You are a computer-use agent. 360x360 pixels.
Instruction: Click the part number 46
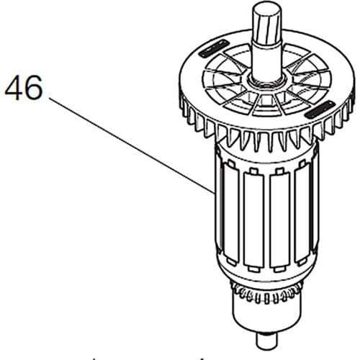(x=24, y=90)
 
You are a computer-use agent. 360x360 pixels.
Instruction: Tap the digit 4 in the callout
(x=14, y=90)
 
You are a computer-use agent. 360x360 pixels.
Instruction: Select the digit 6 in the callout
(x=33, y=90)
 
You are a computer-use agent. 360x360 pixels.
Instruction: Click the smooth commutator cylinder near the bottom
(x=265, y=320)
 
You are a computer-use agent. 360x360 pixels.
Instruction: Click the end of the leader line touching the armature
(x=212, y=193)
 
